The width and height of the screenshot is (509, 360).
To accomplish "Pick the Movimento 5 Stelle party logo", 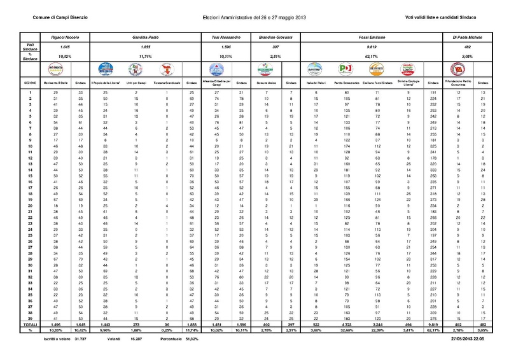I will click(x=52, y=69).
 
